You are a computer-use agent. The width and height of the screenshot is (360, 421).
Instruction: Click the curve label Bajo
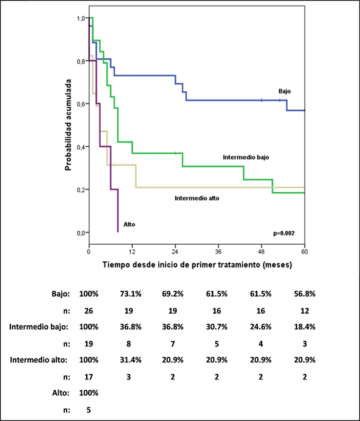coord(284,91)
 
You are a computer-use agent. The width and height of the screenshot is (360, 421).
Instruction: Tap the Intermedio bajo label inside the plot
coord(246,157)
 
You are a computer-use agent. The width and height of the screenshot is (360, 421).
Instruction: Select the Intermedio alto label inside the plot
coord(197,198)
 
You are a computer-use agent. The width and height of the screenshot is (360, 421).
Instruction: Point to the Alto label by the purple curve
coord(129,225)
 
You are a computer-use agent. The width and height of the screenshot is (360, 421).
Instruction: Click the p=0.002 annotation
coord(284,233)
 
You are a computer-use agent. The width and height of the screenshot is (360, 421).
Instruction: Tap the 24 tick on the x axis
coord(175,252)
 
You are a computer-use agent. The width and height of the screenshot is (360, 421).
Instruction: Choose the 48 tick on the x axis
coord(261,252)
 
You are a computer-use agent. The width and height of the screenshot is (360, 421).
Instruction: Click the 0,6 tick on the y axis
coord(81,104)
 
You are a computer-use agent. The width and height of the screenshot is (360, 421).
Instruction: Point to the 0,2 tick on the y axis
coord(81,190)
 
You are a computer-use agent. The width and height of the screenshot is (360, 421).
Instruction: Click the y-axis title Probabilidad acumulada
coord(68,125)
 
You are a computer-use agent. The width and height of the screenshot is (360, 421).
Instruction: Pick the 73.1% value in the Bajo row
coord(131,294)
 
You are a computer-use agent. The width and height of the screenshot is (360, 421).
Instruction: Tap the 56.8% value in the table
coord(305,294)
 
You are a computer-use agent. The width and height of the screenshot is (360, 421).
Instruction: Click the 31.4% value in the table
coord(131,360)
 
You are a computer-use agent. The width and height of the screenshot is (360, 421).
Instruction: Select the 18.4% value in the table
coord(305,327)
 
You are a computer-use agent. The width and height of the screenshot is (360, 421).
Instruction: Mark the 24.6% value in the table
coord(261,327)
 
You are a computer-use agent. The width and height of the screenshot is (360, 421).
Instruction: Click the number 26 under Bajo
coord(89,311)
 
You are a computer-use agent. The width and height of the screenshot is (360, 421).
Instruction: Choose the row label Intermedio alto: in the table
coord(39,360)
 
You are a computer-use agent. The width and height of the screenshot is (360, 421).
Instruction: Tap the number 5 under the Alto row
coord(89,410)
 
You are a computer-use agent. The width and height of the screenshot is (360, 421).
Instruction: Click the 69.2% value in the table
coord(173,294)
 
